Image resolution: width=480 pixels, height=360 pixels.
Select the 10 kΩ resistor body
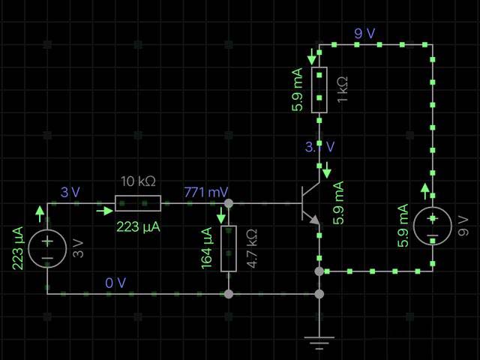tap(138, 203)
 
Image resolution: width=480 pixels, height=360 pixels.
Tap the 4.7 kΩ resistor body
tap(229, 247)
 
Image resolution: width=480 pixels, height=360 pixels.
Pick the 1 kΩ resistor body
tap(319, 91)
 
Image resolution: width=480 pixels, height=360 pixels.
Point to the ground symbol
tap(319, 343)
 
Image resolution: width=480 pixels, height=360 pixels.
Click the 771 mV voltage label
tap(205, 192)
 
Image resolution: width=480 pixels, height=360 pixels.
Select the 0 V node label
tap(116, 282)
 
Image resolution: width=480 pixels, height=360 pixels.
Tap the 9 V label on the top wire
tap(365, 33)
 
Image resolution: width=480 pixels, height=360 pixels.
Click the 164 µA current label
tap(207, 247)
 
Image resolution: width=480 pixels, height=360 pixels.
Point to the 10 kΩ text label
tap(138, 181)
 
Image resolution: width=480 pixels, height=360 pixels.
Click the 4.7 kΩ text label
tap(253, 247)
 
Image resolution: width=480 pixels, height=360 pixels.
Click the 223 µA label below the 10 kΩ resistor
tap(138, 226)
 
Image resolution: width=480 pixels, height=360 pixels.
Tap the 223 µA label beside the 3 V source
tap(19, 247)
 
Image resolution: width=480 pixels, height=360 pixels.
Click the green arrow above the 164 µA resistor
tap(221, 214)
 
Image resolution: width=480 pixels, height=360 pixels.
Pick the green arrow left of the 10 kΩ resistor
tap(103, 211)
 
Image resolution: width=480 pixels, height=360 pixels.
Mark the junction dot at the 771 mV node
tap(229, 203)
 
